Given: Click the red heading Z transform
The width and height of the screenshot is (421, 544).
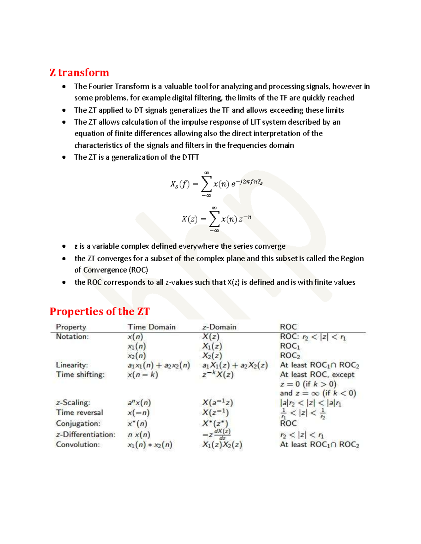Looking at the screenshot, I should (79, 73).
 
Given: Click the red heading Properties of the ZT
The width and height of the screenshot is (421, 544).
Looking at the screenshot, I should (99, 311).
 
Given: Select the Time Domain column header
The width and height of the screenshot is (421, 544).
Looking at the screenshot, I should (151, 327).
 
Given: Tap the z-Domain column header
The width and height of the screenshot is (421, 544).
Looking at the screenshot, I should (219, 327).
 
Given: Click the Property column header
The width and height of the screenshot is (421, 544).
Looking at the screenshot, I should (71, 327).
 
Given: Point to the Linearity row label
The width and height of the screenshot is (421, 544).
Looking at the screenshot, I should (72, 365).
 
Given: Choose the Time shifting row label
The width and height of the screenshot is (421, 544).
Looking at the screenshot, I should (80, 374).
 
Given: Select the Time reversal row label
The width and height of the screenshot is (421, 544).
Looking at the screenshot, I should (80, 413).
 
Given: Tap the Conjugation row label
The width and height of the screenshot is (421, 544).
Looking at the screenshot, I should (78, 424).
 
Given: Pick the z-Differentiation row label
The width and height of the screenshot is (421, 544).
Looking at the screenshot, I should (86, 434).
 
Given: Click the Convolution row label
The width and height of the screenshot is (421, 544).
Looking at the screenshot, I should (78, 445).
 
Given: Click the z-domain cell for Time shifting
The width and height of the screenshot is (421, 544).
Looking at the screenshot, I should (218, 374).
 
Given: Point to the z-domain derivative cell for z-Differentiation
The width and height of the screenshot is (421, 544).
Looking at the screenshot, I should (217, 435).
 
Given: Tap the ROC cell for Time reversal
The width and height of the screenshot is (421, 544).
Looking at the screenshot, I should (303, 413).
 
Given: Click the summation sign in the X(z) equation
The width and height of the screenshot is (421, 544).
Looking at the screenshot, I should (214, 219).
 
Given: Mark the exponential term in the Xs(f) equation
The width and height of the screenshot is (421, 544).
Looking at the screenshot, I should (247, 183).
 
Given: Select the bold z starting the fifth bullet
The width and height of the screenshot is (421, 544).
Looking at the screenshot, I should (76, 246).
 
